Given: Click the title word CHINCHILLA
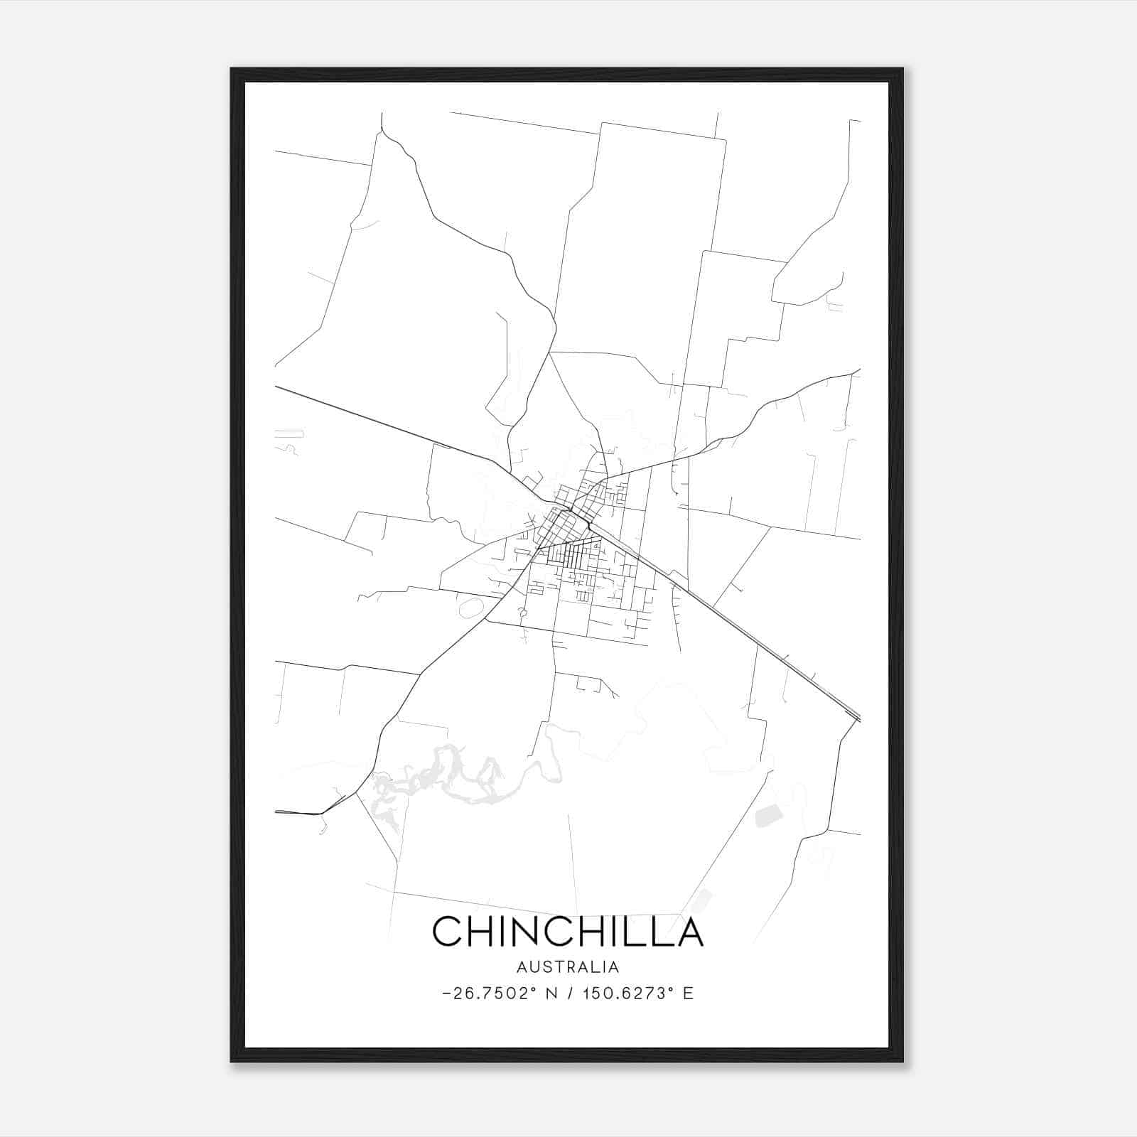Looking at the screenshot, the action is pyautogui.click(x=567, y=932).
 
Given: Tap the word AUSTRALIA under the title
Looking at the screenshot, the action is pyautogui.click(x=567, y=967).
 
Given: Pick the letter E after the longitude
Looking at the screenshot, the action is pyautogui.click(x=688, y=993).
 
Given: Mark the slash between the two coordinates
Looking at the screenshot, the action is pyautogui.click(x=568, y=993).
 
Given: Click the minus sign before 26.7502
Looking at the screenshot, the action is pyautogui.click(x=446, y=993).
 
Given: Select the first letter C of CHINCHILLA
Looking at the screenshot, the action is pyautogui.click(x=448, y=932).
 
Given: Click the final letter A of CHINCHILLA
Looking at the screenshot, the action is pyautogui.click(x=689, y=932).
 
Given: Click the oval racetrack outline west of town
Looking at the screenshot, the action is pyautogui.click(x=470, y=608).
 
